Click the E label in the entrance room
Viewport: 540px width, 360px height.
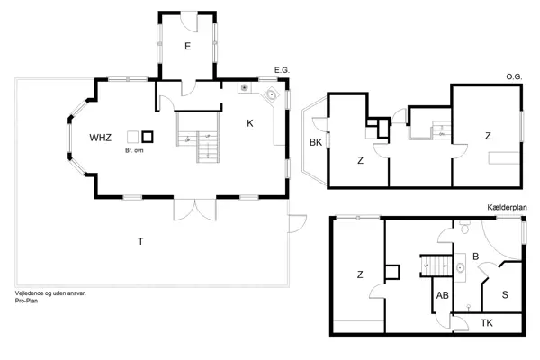coord(187,46)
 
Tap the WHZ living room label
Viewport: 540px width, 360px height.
coord(100,138)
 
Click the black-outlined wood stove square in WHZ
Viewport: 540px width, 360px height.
coord(148,138)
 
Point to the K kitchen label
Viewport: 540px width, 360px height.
coord(249,121)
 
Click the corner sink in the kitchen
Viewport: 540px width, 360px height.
coord(271,94)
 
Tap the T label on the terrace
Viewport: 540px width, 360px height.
coord(140,240)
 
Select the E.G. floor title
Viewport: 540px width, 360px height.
coord(283,69)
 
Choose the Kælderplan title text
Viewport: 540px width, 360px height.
coord(507,207)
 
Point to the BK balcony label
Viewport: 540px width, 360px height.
coord(316,143)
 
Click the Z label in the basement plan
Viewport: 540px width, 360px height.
coord(359,274)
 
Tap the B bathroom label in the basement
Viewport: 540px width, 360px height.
coord(475,256)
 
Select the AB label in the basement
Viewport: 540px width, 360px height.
coord(442,294)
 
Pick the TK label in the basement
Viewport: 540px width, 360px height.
coord(487,322)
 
